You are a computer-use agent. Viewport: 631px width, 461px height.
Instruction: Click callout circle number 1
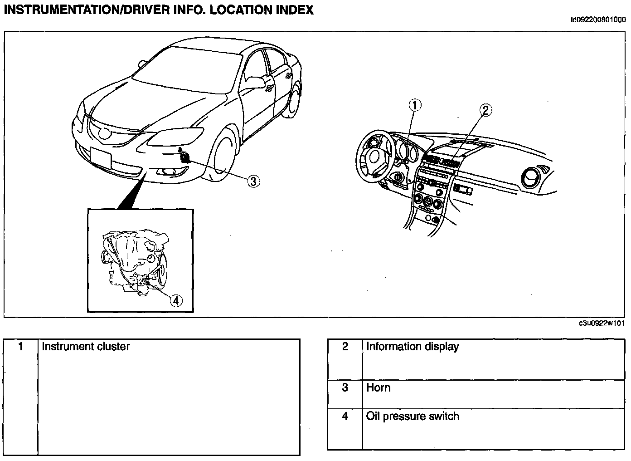415,105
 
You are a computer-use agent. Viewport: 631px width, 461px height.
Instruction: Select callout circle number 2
485,110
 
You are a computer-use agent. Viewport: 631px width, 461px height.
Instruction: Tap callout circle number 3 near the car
254,181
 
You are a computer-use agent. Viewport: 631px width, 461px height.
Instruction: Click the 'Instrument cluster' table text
86,347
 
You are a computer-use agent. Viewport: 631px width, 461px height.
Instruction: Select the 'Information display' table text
413,347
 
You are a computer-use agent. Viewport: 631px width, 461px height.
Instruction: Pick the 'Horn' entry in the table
378,387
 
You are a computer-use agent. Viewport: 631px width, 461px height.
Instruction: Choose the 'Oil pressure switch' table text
413,416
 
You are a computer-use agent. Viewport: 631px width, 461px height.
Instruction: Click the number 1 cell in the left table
21,347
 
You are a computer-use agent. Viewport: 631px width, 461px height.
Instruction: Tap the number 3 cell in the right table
345,387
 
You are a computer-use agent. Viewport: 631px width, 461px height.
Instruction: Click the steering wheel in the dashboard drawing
375,157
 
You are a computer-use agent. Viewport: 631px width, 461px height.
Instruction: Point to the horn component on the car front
185,157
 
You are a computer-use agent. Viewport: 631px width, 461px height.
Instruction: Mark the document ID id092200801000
598,20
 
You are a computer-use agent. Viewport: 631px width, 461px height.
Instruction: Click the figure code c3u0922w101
602,323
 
